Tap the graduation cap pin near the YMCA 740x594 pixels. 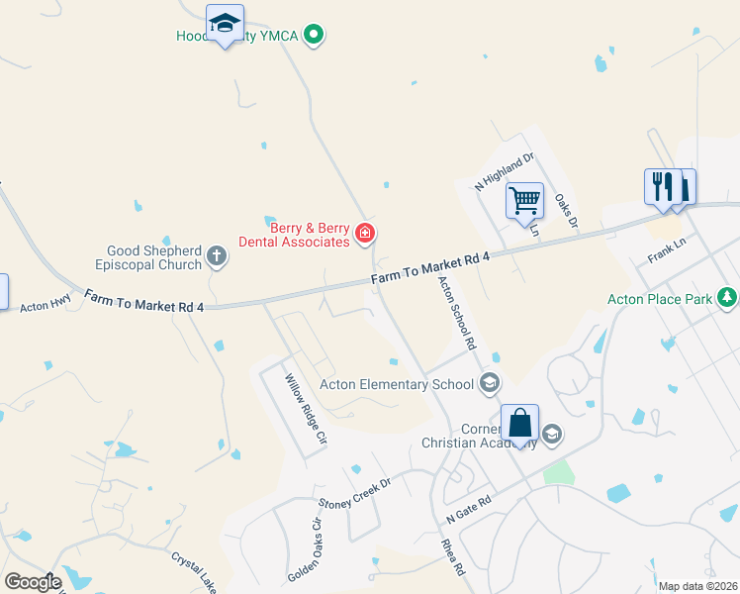point(226,23)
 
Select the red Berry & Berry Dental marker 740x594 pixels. point(365,234)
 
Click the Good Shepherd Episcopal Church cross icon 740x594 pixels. point(217,258)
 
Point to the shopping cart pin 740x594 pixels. point(524,200)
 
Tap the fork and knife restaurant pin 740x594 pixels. point(661,186)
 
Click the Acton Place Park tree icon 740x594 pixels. point(727,297)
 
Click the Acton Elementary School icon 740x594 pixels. point(488,383)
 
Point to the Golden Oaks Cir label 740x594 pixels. point(305,548)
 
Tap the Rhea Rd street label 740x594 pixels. point(453,556)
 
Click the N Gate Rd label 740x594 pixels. point(469,510)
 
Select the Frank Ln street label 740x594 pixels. point(667,250)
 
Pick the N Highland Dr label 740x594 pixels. point(505,170)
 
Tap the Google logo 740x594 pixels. point(33,581)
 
